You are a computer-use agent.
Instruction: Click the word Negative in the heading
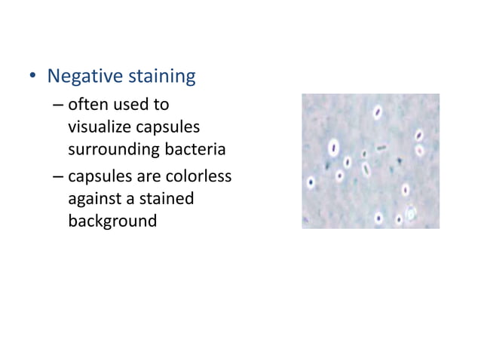pyautogui.click(x=84, y=77)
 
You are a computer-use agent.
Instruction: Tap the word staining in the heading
pyautogui.click(x=159, y=77)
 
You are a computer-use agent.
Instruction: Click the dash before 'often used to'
pyautogui.click(x=58, y=105)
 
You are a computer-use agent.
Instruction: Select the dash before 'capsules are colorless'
pyautogui.click(x=58, y=178)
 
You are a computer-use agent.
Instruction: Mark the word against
pyautogui.click(x=94, y=200)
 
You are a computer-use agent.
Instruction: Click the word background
pyautogui.click(x=112, y=221)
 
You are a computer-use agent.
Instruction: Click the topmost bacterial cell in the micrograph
pyautogui.click(x=377, y=112)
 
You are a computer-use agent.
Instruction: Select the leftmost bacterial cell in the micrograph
pyautogui.click(x=310, y=182)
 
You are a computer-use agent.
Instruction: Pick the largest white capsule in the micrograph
pyautogui.click(x=332, y=146)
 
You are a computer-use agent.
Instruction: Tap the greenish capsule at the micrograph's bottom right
pyautogui.click(x=410, y=215)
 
